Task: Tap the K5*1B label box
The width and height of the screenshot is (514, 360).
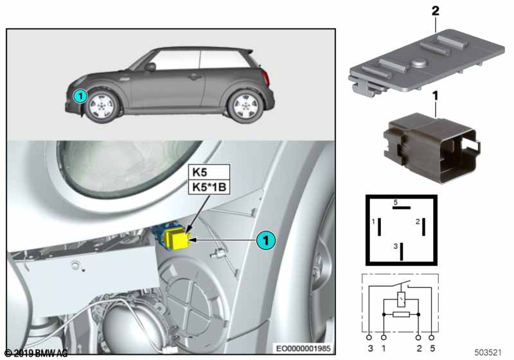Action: (x=209, y=187)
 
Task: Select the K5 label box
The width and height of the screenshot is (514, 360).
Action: (x=209, y=172)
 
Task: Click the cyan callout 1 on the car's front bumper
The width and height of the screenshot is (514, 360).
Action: (x=80, y=96)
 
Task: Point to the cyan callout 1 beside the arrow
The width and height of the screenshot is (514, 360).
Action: (x=266, y=240)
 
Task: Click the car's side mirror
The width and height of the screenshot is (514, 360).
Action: (x=150, y=67)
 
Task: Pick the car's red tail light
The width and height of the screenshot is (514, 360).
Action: (x=266, y=78)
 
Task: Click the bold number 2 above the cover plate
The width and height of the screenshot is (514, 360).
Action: (x=435, y=11)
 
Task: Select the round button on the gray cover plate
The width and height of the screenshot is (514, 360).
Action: (x=418, y=62)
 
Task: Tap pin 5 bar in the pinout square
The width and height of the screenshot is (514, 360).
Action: (x=401, y=208)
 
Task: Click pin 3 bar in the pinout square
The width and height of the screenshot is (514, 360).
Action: (x=402, y=251)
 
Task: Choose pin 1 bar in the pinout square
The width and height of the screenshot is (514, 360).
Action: (x=379, y=226)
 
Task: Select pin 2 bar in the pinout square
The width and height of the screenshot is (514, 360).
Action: (x=423, y=226)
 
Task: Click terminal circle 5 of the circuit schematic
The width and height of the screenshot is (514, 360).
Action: (x=432, y=337)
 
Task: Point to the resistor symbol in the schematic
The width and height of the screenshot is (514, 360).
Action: (x=401, y=315)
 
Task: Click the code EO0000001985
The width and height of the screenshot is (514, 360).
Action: (x=303, y=348)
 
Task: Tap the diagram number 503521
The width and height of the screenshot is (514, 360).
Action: (x=488, y=352)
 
